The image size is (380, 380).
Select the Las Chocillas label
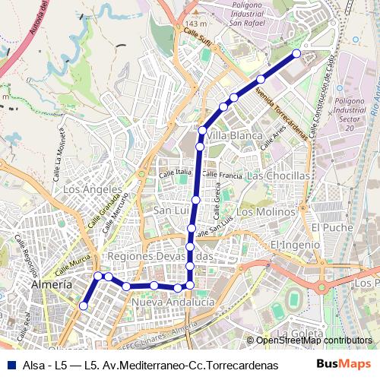coord(279,176)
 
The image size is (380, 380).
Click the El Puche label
coord(328,226)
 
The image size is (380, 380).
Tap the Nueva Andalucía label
coord(173,302)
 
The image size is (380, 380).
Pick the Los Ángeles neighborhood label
coord(93,189)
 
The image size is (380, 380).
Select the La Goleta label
coord(298,333)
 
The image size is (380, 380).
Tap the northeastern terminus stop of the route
coord(296,53)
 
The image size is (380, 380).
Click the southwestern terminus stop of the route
coord(84,306)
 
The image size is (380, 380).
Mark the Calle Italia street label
coord(175,174)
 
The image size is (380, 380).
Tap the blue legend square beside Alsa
coord(13,364)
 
